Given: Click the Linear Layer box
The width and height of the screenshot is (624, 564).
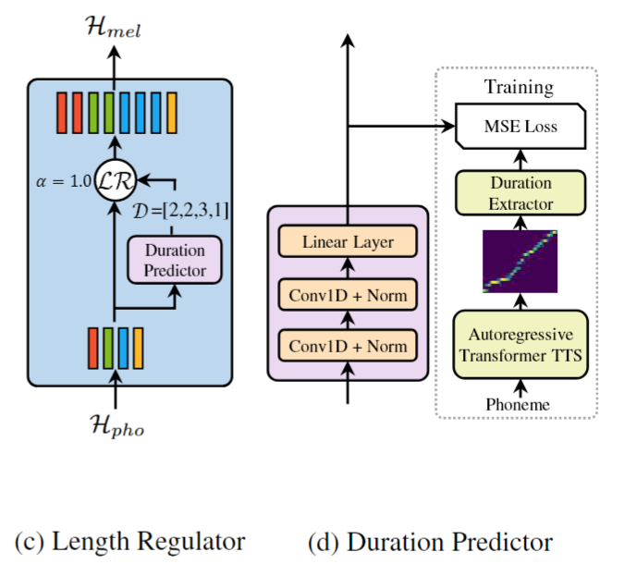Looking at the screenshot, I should point(348,242).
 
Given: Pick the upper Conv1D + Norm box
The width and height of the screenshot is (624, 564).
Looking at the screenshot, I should point(348,295).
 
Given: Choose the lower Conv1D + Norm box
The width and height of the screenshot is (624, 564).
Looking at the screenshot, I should point(348,348).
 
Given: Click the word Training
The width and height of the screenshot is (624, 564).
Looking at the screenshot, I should point(519,89).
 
